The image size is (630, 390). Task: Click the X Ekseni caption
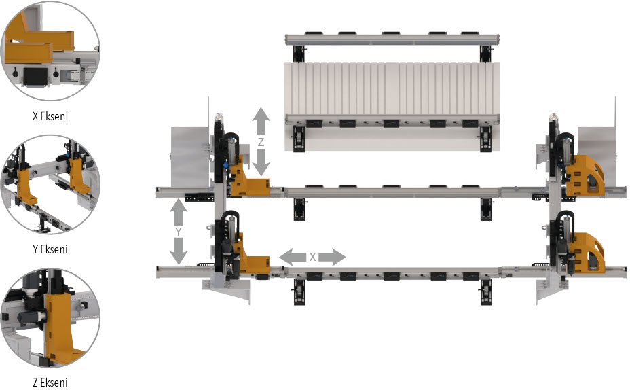[50, 116]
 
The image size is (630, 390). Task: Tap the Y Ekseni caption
[50, 249]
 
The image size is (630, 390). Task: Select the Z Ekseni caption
[50, 383]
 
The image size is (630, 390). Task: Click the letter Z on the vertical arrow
[261, 142]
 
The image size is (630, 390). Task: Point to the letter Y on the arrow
[178, 231]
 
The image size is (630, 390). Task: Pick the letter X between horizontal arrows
[312, 258]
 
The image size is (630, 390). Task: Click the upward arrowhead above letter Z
[261, 117]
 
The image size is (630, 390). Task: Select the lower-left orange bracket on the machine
[251, 258]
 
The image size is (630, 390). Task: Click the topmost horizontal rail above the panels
[392, 39]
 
